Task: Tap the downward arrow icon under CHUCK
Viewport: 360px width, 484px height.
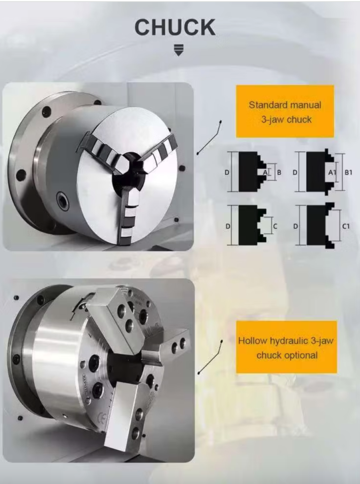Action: coord(178,50)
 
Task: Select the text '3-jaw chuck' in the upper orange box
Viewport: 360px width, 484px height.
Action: coord(286,119)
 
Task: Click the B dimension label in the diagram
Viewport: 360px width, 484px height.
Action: coord(279,172)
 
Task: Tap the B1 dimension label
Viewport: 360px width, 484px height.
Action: coord(348,172)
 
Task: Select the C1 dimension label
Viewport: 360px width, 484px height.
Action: coord(346,226)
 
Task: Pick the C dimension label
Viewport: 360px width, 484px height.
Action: coord(275,226)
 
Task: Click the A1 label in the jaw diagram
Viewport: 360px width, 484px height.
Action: coord(332,173)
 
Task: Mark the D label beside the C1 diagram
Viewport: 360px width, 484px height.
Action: coord(295,226)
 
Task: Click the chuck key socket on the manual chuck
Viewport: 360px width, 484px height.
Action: coord(63,201)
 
